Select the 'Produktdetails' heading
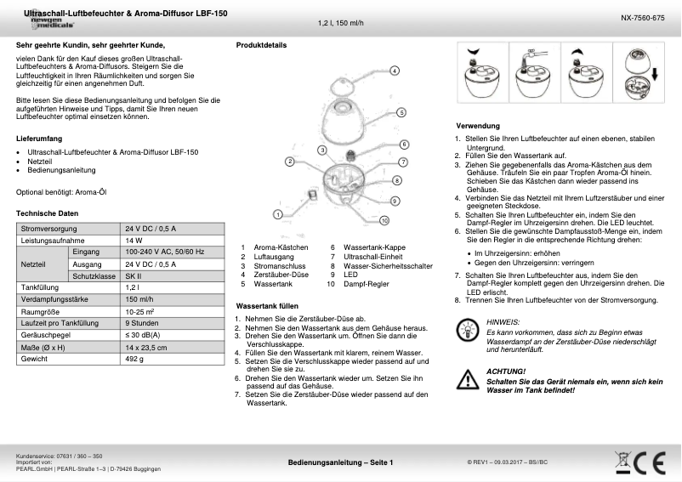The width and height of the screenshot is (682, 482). pos(261,44)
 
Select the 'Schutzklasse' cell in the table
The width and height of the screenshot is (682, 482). pos(94,276)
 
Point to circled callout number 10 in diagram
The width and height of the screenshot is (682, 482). pos(384,220)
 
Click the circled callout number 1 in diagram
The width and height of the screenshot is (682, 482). pos(277,214)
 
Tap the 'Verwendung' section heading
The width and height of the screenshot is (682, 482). pos(477,126)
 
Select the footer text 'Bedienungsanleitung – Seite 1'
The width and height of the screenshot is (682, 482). pos(340,462)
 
